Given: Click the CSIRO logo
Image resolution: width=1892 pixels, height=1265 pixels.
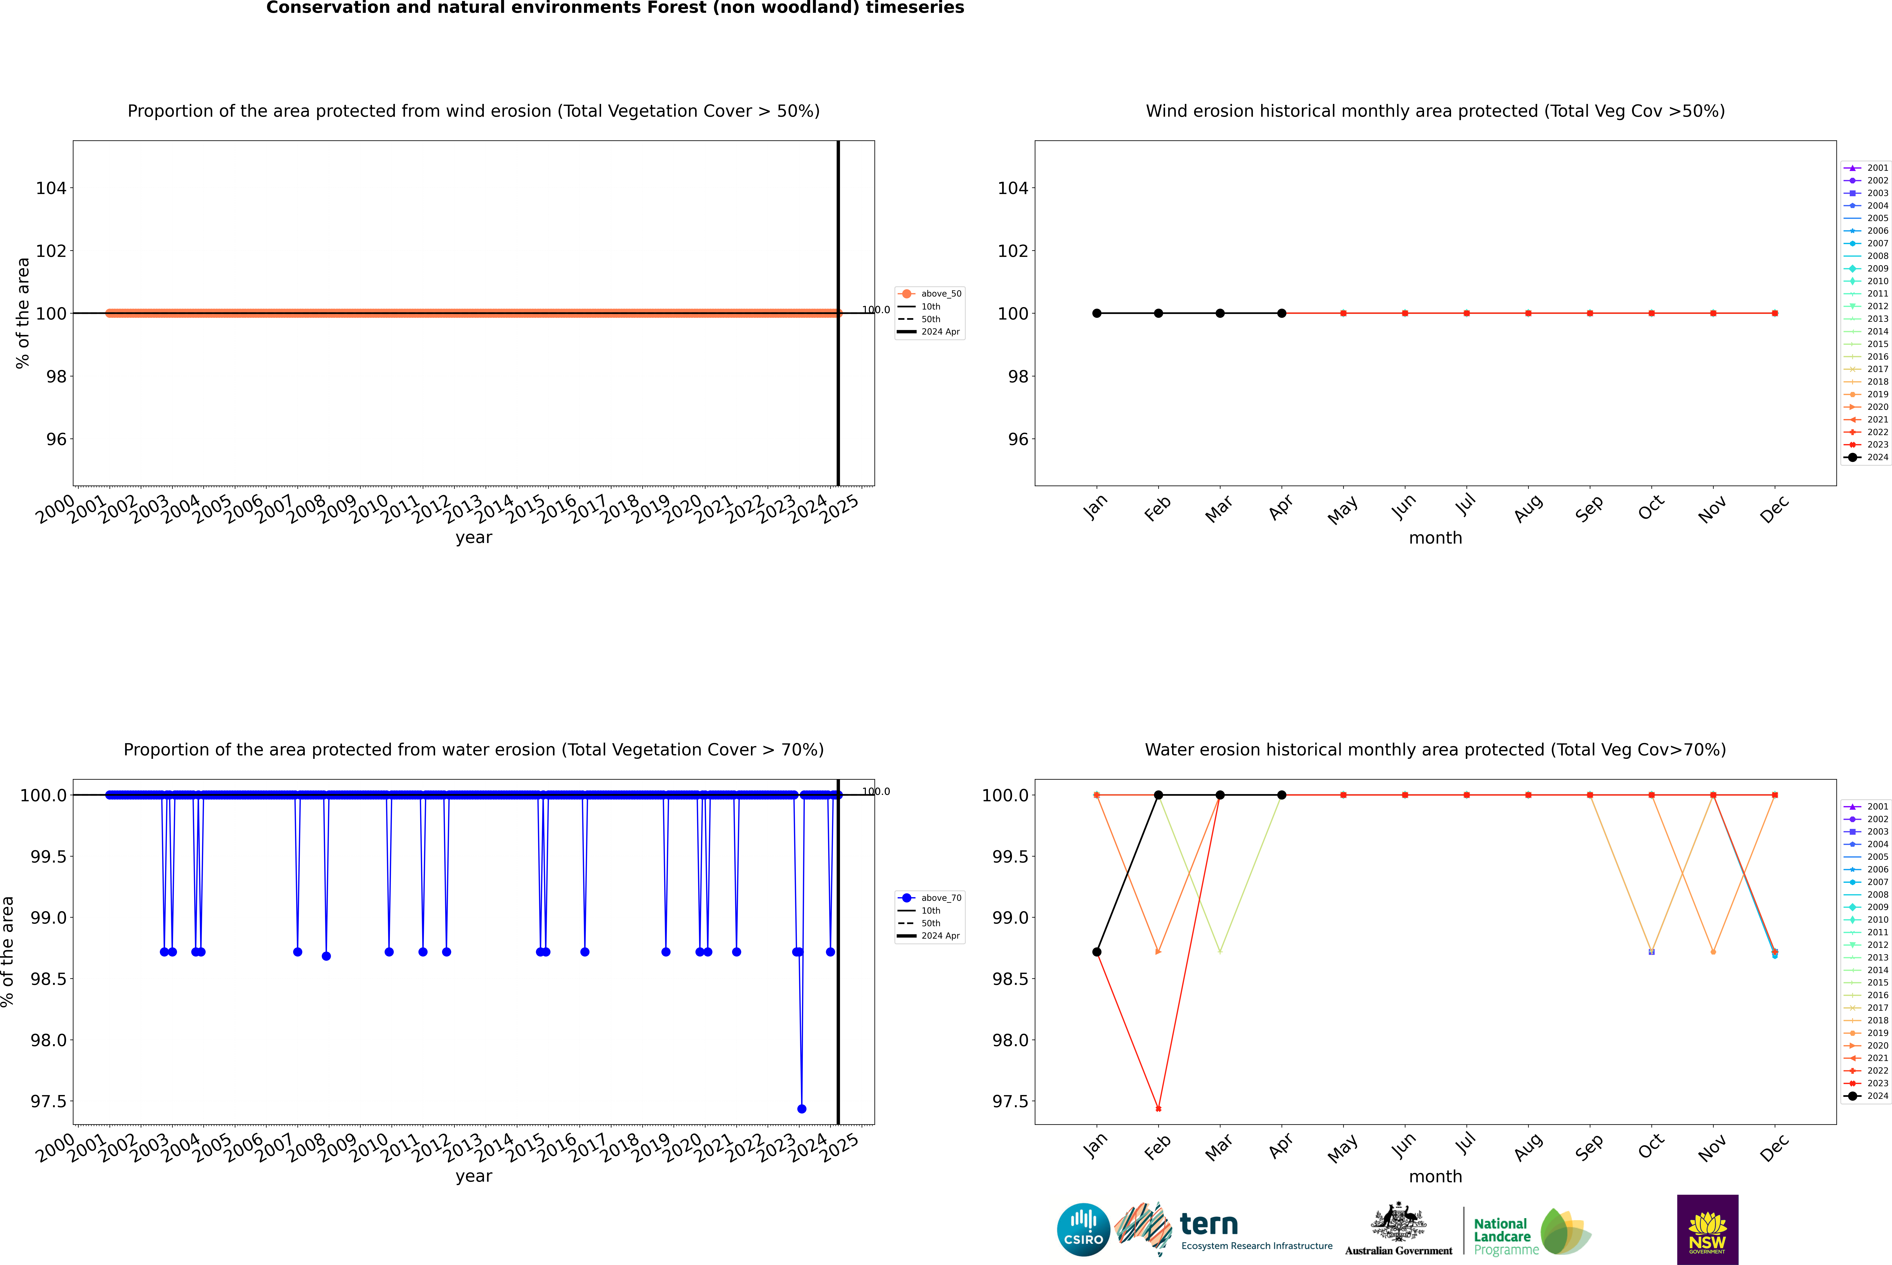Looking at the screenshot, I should point(1083,1230).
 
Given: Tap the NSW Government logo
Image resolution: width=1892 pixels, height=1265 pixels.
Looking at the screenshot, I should point(1707,1230).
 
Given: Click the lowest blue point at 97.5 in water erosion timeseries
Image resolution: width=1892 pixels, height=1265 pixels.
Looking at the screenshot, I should point(802,1108).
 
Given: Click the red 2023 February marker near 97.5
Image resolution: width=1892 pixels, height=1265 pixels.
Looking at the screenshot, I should point(1158,1108).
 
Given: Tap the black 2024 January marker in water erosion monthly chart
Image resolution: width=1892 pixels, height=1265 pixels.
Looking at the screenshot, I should point(1097,952).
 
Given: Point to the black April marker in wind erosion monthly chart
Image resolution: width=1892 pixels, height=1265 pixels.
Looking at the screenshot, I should point(1282,313).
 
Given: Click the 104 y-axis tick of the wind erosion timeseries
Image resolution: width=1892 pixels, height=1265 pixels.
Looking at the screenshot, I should point(51,188).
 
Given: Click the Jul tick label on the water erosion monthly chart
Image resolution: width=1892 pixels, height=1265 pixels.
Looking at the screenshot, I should point(1465,1146).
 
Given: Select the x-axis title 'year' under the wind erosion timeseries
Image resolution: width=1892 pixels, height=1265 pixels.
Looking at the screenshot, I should point(473,537).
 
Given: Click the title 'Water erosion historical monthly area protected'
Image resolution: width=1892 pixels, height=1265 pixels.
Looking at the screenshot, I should point(1435,749).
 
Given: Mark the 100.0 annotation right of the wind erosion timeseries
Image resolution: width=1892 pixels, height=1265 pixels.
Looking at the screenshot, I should point(876,310).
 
